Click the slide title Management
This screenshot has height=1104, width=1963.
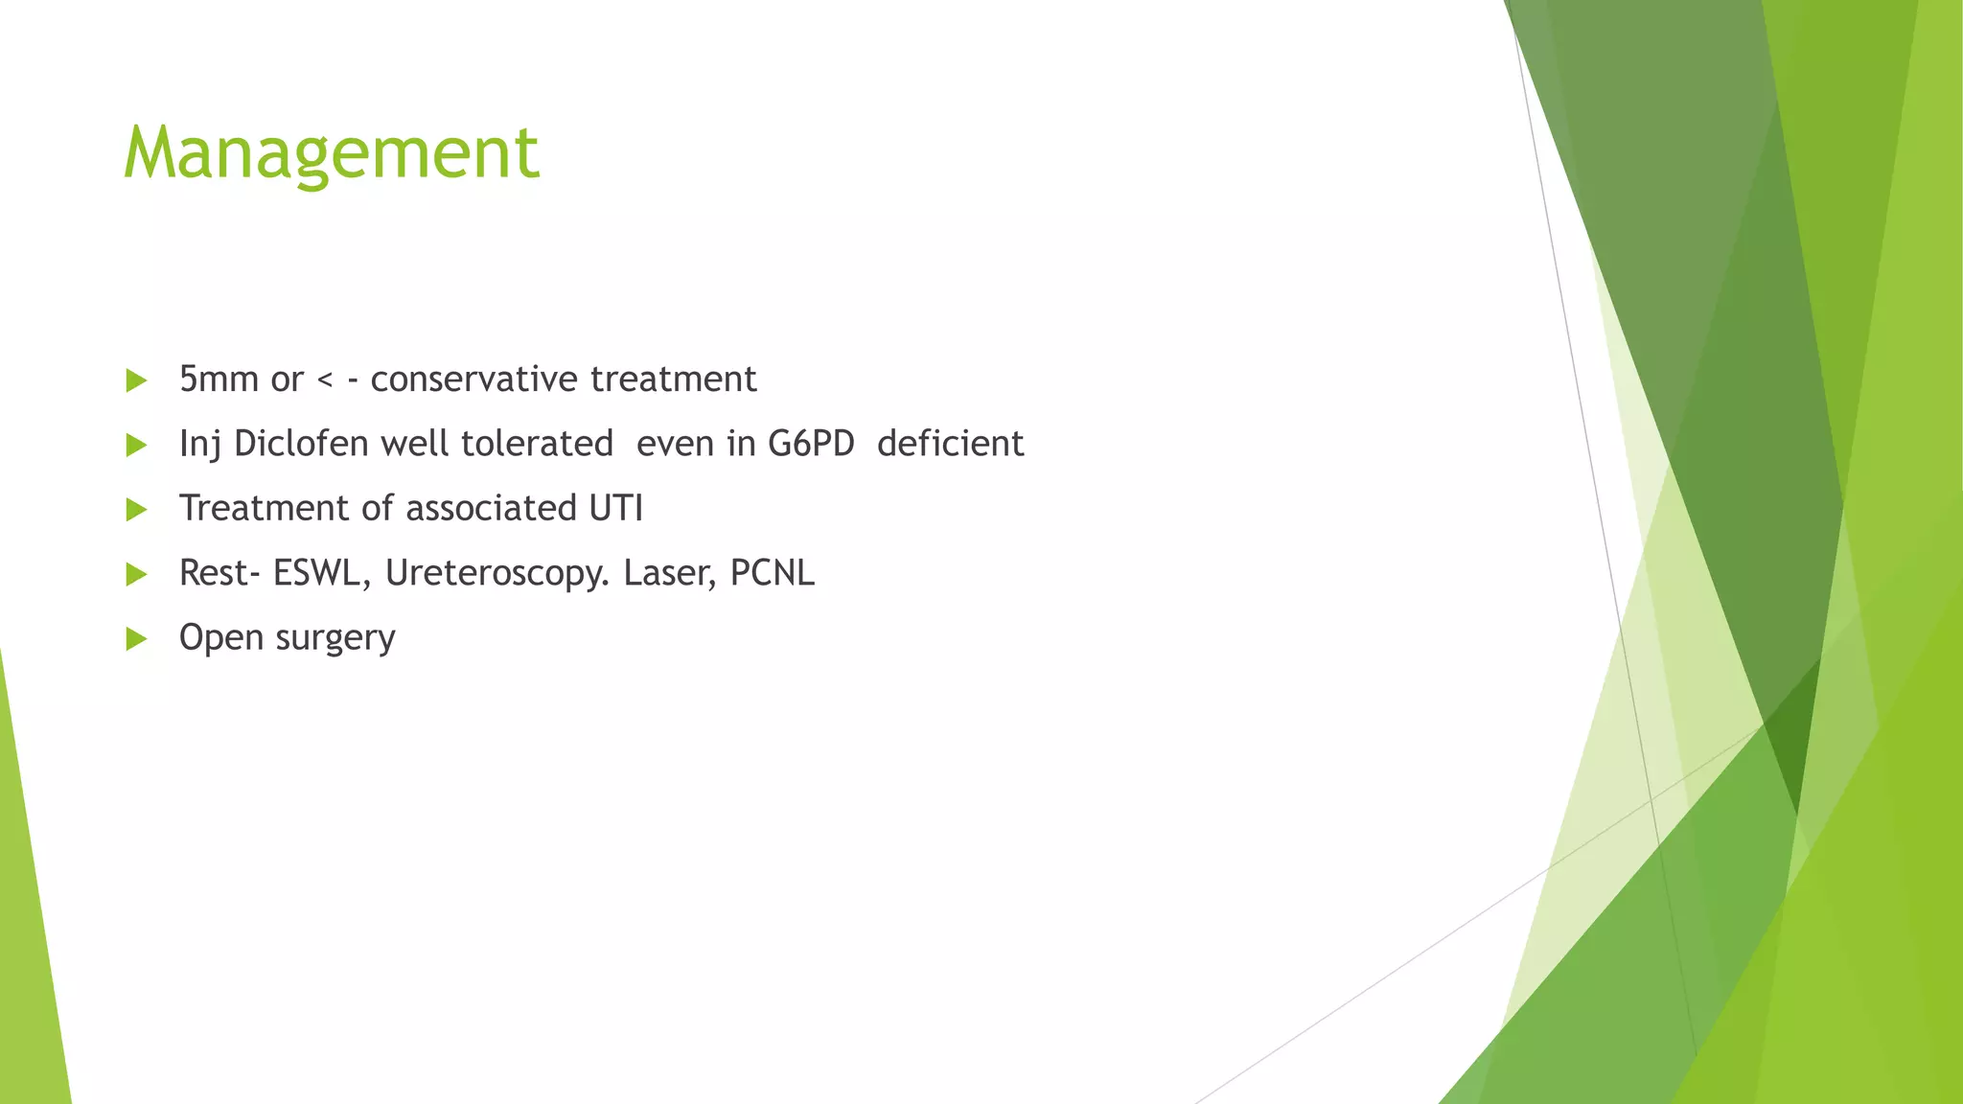coord(331,153)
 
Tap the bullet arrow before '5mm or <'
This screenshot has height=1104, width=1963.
coord(136,380)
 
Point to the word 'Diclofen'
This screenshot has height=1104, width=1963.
coord(301,444)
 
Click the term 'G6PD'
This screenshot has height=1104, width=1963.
coord(811,444)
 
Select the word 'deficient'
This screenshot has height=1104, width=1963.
coord(950,444)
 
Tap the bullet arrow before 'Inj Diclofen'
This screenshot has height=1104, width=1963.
coord(136,445)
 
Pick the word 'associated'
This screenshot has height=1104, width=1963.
coord(484,508)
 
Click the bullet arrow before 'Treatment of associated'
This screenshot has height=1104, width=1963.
coord(136,510)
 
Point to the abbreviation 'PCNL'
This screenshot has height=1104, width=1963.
coord(772,573)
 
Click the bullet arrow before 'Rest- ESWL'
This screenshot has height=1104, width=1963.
coord(136,574)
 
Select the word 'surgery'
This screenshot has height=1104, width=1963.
coord(335,638)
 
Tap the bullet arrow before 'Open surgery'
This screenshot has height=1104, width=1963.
coord(136,639)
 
